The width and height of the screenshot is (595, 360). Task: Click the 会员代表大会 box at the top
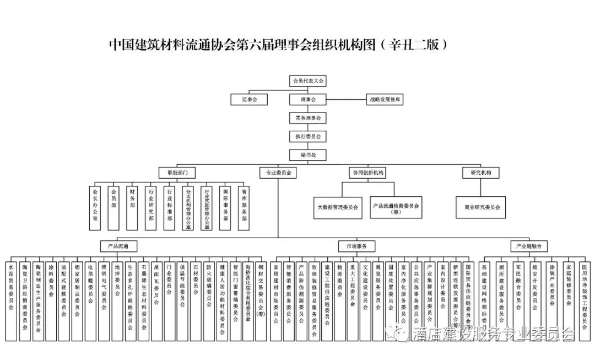click(x=308, y=81)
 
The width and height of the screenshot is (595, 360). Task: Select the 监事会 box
click(x=248, y=100)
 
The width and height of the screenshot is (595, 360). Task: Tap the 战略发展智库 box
click(x=386, y=100)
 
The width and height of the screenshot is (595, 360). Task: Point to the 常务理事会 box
click(x=308, y=118)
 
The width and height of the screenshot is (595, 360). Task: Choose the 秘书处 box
click(x=308, y=154)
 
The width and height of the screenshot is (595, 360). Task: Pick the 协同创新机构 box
click(x=369, y=173)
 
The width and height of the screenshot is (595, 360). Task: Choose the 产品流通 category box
click(x=118, y=246)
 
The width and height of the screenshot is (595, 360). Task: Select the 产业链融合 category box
click(x=529, y=246)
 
